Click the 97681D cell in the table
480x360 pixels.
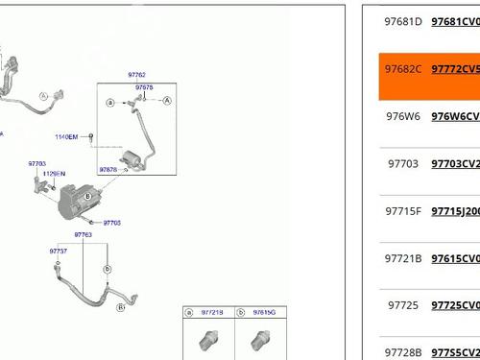pos(403,21)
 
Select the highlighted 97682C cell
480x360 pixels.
pos(403,69)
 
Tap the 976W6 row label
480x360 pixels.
pos(403,116)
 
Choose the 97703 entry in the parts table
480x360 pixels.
pos(403,164)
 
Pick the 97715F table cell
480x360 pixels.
pos(403,211)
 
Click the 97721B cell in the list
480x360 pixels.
pos(403,258)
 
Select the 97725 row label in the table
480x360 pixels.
pos(403,305)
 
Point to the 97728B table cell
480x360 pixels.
pos(403,353)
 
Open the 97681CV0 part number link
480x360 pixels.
pos(455,21)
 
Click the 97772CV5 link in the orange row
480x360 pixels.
pos(455,69)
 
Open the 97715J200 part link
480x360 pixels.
pos(455,211)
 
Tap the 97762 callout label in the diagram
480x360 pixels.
pos(137,75)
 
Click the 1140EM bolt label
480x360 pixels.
pos(67,137)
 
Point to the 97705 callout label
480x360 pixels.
pos(112,223)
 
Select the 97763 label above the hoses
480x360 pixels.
pos(84,234)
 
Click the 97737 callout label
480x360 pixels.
pos(59,251)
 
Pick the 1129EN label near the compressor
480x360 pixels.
pos(54,174)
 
